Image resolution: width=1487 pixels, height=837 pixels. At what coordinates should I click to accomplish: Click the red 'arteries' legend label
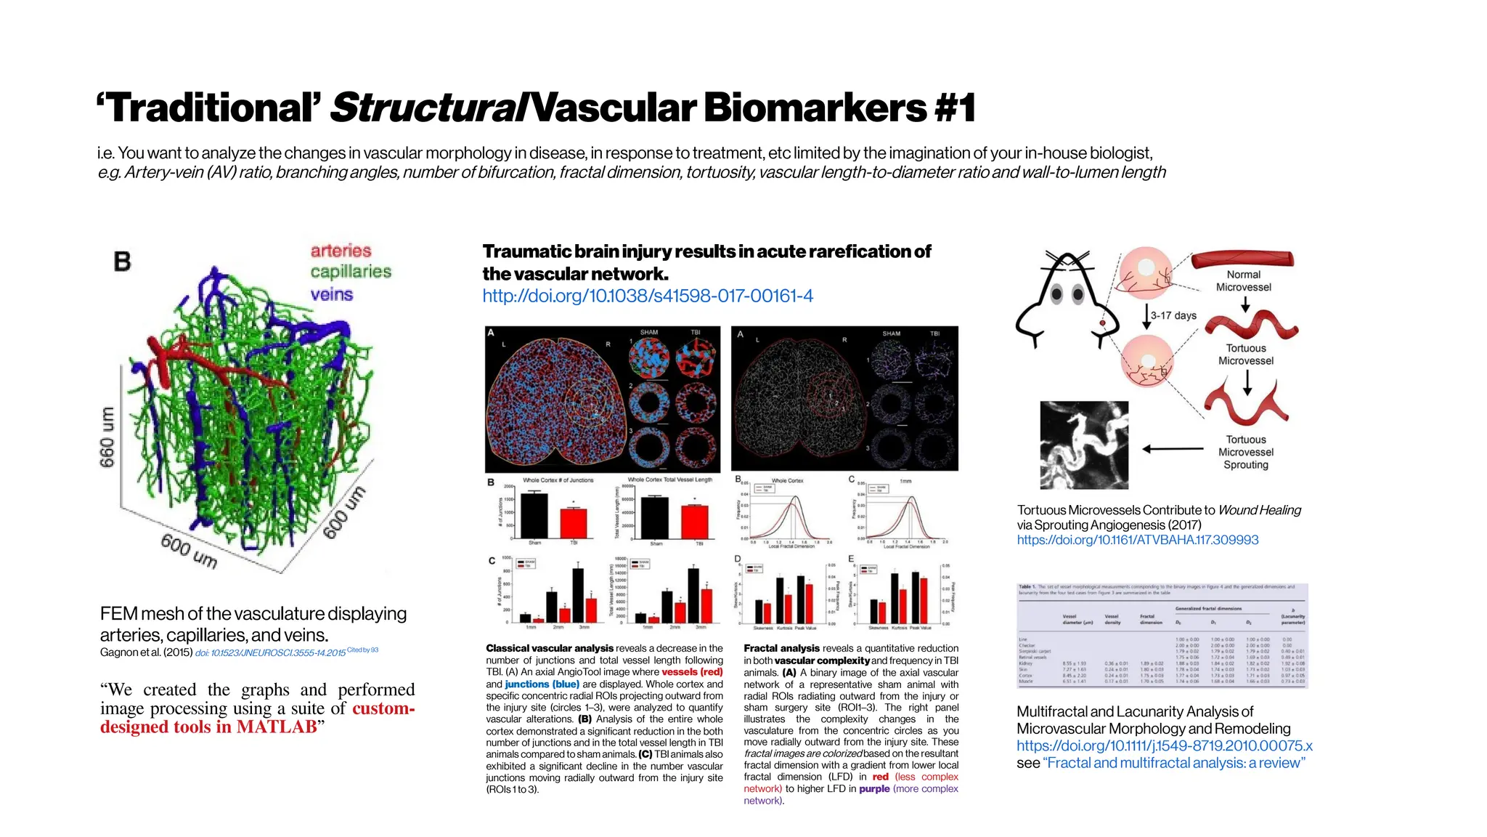click(341, 251)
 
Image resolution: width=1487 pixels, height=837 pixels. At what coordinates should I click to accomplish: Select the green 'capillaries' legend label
click(351, 272)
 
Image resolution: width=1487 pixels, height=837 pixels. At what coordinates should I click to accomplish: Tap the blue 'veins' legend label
click(332, 294)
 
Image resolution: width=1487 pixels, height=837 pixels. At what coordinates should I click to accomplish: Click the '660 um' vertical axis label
click(107, 437)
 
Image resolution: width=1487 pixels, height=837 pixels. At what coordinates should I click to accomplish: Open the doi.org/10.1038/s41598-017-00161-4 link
click(648, 296)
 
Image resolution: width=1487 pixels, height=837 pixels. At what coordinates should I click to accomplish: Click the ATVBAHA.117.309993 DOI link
click(1138, 540)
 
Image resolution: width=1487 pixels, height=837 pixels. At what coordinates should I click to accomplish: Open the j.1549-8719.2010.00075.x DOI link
click(1164, 745)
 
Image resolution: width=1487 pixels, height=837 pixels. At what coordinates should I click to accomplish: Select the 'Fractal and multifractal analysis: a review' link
click(1174, 763)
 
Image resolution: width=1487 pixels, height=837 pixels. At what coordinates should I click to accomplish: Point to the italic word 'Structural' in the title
click(427, 108)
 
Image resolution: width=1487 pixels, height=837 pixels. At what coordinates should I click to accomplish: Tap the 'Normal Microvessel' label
click(1244, 280)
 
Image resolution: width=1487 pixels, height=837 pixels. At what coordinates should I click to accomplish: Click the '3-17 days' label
click(1173, 315)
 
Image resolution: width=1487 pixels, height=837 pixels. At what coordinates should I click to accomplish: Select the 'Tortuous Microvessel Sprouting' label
click(1246, 452)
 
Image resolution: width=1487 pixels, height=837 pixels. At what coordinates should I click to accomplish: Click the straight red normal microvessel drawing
click(1242, 259)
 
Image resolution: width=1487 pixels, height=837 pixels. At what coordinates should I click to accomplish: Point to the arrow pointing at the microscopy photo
click(1173, 448)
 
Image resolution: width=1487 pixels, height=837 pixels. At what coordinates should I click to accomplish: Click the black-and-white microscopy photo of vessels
click(1084, 445)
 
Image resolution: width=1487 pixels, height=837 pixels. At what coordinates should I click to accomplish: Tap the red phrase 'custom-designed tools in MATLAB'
click(258, 718)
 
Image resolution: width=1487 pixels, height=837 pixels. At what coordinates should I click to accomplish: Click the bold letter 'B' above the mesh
click(123, 262)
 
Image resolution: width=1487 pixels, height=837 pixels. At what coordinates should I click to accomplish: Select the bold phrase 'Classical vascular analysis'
click(550, 648)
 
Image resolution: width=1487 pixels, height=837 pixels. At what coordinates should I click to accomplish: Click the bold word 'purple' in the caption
click(874, 788)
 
